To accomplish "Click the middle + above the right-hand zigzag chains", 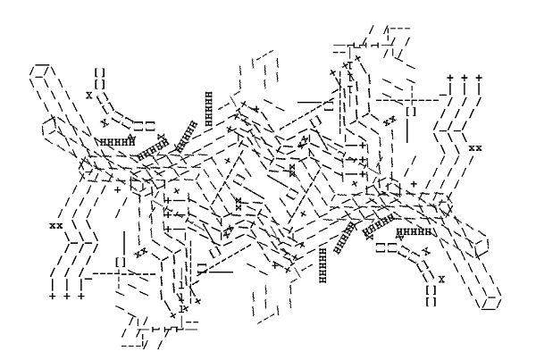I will pyautogui.click(x=465, y=79).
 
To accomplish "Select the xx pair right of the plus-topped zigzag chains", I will pyautogui.click(x=475, y=147).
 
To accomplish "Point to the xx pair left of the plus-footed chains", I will pyautogui.click(x=55, y=226).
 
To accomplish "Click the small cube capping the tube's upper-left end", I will pyautogui.click(x=38, y=71).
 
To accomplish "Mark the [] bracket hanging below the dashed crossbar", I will pyautogui.click(x=411, y=113).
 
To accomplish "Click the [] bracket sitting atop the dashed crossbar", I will pyautogui.click(x=120, y=262).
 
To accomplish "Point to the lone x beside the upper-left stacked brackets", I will pyautogui.click(x=88, y=93).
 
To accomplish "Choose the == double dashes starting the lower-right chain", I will pyautogui.click(x=386, y=247).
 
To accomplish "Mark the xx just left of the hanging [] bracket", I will pyautogui.click(x=389, y=120).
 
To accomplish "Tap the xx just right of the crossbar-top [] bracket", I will pyautogui.click(x=140, y=254).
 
